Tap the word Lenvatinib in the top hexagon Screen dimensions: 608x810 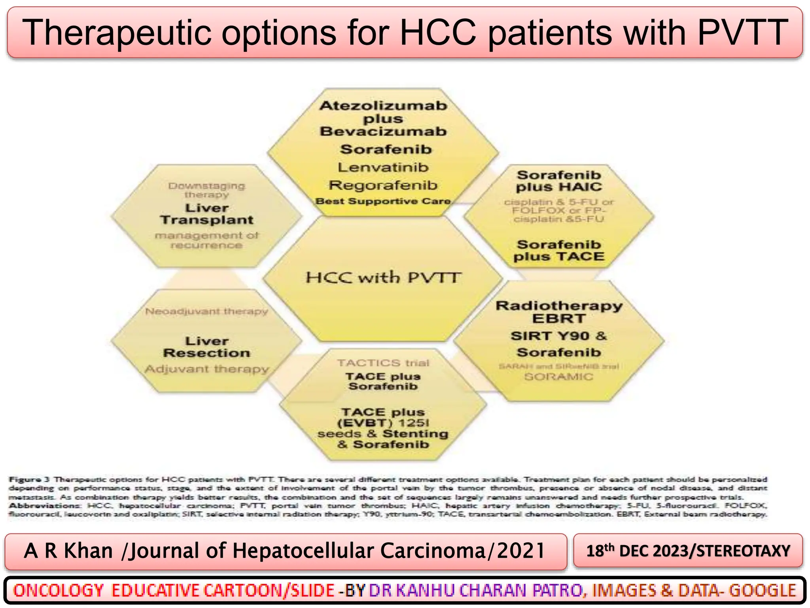pyautogui.click(x=383, y=167)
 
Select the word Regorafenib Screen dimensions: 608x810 pyautogui.click(x=383, y=185)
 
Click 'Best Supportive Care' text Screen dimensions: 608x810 pyautogui.click(x=383, y=201)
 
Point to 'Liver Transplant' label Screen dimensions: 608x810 pyautogui.click(x=206, y=214)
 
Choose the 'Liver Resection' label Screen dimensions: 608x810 pyautogui.click(x=206, y=347)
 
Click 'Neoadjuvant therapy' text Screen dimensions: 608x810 pyautogui.click(x=206, y=312)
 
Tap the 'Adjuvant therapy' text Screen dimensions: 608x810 pyautogui.click(x=206, y=369)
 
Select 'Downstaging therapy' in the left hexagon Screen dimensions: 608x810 pyautogui.click(x=206, y=190)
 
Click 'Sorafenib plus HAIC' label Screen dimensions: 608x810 pyautogui.click(x=558, y=181)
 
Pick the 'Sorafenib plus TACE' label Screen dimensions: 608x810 pyautogui.click(x=558, y=251)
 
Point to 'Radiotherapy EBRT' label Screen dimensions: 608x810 pyautogui.click(x=558, y=312)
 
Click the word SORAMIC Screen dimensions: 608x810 pyautogui.click(x=558, y=376)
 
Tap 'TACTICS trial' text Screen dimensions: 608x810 pyautogui.click(x=383, y=363)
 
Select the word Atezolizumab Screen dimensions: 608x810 pyautogui.click(x=383, y=106)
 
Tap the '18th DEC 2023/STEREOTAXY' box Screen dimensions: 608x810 pyautogui.click(x=688, y=551)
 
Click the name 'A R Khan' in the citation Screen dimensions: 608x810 pyautogui.click(x=68, y=551)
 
